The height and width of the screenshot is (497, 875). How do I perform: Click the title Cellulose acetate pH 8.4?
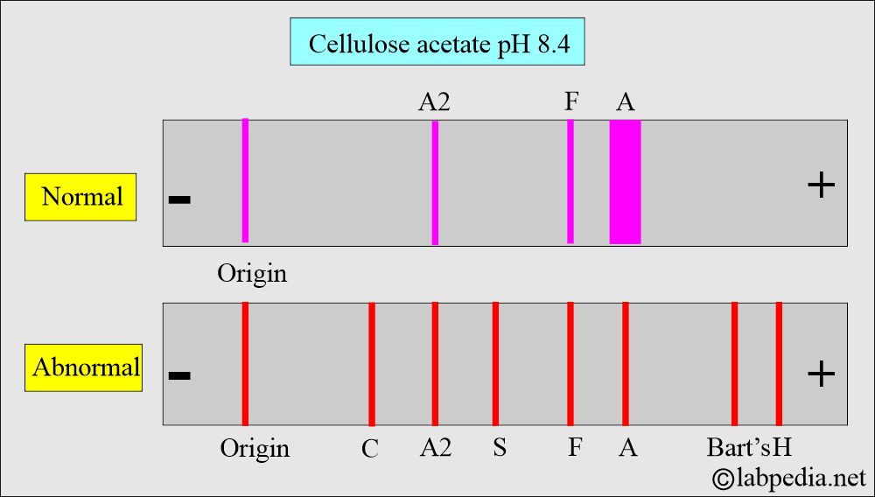click(x=437, y=41)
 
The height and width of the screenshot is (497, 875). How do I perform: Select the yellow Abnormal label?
click(x=85, y=366)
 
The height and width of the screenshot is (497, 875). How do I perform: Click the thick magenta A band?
click(x=625, y=182)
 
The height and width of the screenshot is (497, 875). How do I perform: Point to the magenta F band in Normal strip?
click(x=570, y=182)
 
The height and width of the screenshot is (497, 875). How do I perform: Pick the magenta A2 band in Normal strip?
click(x=435, y=182)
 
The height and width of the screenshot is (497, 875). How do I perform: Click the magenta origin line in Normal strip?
click(x=245, y=180)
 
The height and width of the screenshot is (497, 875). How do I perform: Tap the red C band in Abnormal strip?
click(x=372, y=364)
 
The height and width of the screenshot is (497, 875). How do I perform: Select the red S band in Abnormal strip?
click(x=495, y=364)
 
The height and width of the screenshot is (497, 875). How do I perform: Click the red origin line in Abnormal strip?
click(x=245, y=364)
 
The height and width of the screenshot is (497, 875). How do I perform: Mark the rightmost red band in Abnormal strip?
click(x=779, y=364)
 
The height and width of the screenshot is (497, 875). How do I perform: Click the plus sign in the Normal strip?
click(x=820, y=185)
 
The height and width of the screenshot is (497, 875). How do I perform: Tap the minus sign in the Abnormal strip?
click(x=179, y=376)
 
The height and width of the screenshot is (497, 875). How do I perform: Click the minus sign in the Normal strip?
click(x=179, y=200)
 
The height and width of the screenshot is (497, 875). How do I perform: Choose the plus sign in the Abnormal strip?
click(x=820, y=374)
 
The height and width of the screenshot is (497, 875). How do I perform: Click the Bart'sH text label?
click(x=749, y=448)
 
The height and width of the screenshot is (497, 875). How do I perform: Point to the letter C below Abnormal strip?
click(x=370, y=449)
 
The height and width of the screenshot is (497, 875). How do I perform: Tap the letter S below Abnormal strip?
click(x=499, y=448)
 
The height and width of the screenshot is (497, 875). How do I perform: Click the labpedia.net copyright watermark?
click(x=788, y=478)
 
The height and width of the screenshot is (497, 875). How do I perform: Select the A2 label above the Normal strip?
click(x=435, y=102)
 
